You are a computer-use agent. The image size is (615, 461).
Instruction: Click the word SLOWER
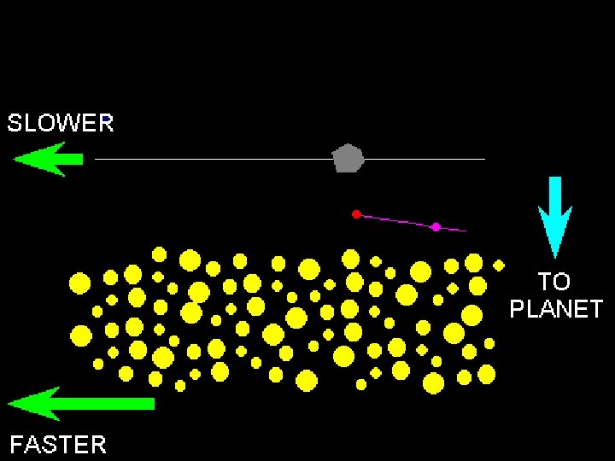click(61, 123)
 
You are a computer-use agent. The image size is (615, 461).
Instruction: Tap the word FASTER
click(58, 445)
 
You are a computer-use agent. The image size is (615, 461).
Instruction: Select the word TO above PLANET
click(554, 282)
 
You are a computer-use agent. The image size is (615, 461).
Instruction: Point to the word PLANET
click(556, 309)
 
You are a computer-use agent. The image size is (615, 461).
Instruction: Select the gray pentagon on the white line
click(348, 158)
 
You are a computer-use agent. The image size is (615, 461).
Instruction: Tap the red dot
click(356, 213)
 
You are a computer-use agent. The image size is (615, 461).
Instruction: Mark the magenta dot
click(436, 226)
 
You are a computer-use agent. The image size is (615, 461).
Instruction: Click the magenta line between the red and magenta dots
click(395, 220)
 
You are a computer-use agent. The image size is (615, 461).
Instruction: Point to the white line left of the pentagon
click(214, 159)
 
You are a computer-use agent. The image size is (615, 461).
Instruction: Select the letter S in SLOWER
click(15, 123)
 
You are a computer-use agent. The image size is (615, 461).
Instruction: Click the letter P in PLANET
click(518, 309)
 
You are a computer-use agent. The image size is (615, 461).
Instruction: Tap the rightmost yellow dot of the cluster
click(499, 265)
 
